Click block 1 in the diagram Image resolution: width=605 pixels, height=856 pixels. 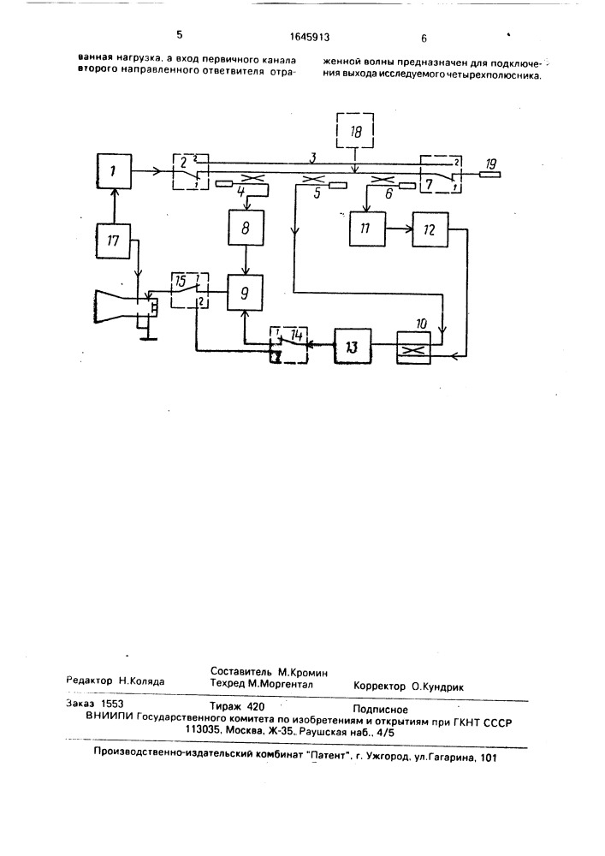click(114, 171)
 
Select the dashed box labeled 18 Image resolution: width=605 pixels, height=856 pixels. click(356, 130)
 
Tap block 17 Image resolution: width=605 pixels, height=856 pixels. click(114, 241)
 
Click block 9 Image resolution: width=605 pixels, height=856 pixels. click(245, 292)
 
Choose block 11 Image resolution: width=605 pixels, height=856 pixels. click(366, 229)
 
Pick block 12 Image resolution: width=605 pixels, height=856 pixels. click(430, 229)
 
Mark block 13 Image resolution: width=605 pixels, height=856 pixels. click(353, 346)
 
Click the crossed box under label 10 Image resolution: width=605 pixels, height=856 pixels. click(414, 348)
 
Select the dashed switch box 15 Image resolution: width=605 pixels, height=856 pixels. click(189, 291)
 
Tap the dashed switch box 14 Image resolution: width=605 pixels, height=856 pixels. click(289, 346)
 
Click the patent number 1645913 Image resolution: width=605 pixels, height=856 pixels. click(310, 38)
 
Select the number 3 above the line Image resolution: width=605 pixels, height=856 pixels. click(312, 158)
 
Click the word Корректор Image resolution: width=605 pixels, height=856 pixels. click(380, 687)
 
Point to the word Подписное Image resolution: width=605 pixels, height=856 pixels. click(380, 709)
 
